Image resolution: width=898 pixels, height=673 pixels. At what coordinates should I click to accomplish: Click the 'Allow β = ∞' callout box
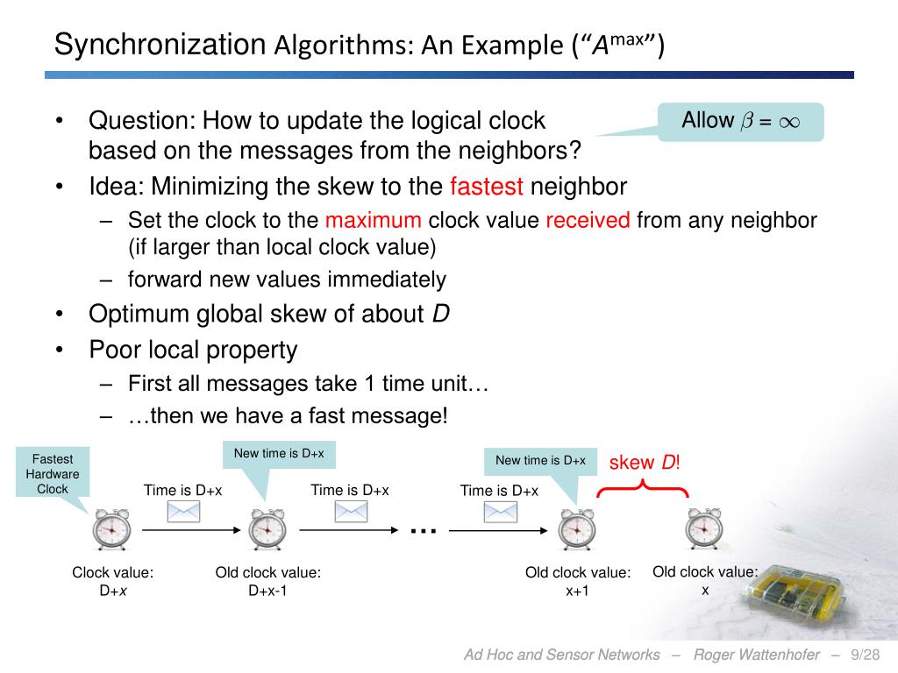(x=740, y=121)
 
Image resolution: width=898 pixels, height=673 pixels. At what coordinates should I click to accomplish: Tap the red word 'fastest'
(x=486, y=187)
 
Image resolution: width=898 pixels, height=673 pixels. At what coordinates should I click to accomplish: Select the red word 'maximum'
(x=373, y=220)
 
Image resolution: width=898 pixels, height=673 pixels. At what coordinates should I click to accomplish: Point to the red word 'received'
(x=588, y=220)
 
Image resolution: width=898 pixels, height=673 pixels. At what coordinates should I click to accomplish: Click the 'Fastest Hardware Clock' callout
(x=53, y=474)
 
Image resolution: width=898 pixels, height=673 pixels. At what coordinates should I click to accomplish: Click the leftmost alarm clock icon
(x=111, y=529)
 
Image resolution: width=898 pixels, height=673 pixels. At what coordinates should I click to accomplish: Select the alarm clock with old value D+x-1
(x=267, y=529)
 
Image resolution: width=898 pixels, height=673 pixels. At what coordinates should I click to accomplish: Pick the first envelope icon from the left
(x=183, y=512)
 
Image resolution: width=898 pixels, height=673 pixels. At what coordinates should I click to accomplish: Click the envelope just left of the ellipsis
(x=350, y=512)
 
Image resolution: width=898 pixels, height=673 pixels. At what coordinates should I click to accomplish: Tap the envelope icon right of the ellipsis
(x=501, y=512)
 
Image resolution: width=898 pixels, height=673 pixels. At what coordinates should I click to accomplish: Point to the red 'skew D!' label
(x=645, y=463)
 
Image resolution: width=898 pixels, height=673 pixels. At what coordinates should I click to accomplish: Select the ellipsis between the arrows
(x=423, y=530)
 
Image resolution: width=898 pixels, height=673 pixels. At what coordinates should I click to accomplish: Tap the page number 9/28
(x=865, y=655)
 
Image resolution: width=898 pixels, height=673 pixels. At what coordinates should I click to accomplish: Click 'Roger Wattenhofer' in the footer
(x=757, y=655)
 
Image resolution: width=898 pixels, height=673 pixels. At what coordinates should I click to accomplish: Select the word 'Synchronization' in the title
(x=160, y=44)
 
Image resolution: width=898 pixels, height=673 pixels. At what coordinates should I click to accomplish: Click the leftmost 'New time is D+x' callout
(x=279, y=454)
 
